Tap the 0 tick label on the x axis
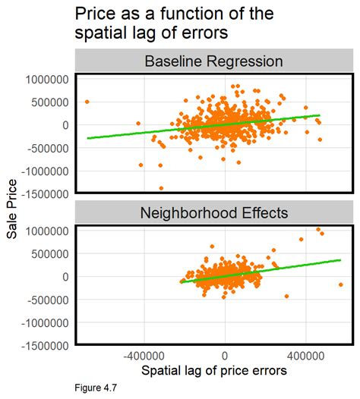click(224, 355)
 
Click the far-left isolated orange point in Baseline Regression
click(87, 101)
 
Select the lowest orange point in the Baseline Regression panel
click(161, 188)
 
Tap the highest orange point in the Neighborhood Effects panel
click(318, 229)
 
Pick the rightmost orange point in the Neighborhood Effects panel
click(341, 284)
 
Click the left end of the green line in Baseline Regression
click(87, 138)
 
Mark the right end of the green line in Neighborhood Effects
click(341, 259)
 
